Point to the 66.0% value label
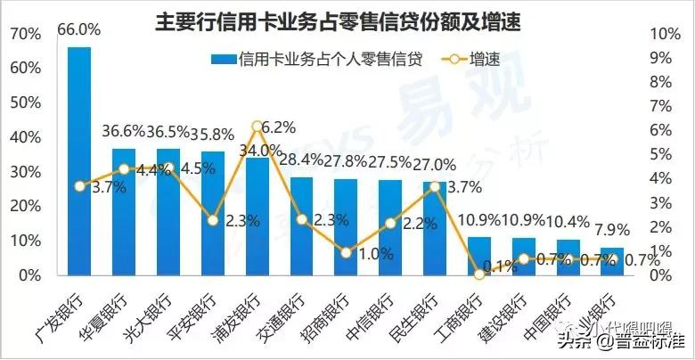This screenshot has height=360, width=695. pos(79,29)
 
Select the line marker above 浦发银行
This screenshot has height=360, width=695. pos(257,126)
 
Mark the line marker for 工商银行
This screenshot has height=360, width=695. pos(479,274)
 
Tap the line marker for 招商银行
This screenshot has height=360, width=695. pos(346,252)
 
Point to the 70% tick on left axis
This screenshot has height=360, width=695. pos(25,34)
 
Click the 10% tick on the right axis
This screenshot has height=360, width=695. pos(666,34)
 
